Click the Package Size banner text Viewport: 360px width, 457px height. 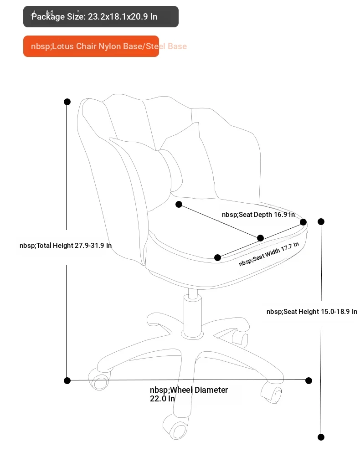pyautogui.click(x=94, y=16)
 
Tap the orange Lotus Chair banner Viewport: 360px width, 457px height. pyautogui.click(x=91, y=46)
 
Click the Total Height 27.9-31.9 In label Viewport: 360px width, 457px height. pyautogui.click(x=66, y=246)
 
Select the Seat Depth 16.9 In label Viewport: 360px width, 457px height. pyautogui.click(x=258, y=215)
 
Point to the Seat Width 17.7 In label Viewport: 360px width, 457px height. pyautogui.click(x=269, y=254)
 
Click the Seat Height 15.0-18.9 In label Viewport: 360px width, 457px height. pyautogui.click(x=312, y=312)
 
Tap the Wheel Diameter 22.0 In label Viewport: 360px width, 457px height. pyautogui.click(x=189, y=394)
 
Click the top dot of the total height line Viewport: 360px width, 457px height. pyautogui.click(x=67, y=102)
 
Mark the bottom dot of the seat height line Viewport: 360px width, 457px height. pyautogui.click(x=321, y=437)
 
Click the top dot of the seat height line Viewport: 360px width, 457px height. pyautogui.click(x=321, y=221)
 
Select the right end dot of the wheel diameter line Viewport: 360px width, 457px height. pyautogui.click(x=309, y=380)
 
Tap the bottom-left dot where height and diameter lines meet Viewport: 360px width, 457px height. pyautogui.click(x=67, y=380)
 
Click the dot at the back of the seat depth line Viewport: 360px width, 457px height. pyautogui.click(x=179, y=204)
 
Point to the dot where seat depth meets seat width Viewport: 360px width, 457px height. pyautogui.click(x=261, y=238)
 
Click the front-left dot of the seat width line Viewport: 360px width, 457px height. pyautogui.click(x=217, y=257)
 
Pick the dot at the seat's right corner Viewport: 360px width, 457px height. pyautogui.click(x=303, y=222)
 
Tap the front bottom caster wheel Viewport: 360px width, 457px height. pyautogui.click(x=176, y=427)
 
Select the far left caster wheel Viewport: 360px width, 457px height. pyautogui.click(x=99, y=379)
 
